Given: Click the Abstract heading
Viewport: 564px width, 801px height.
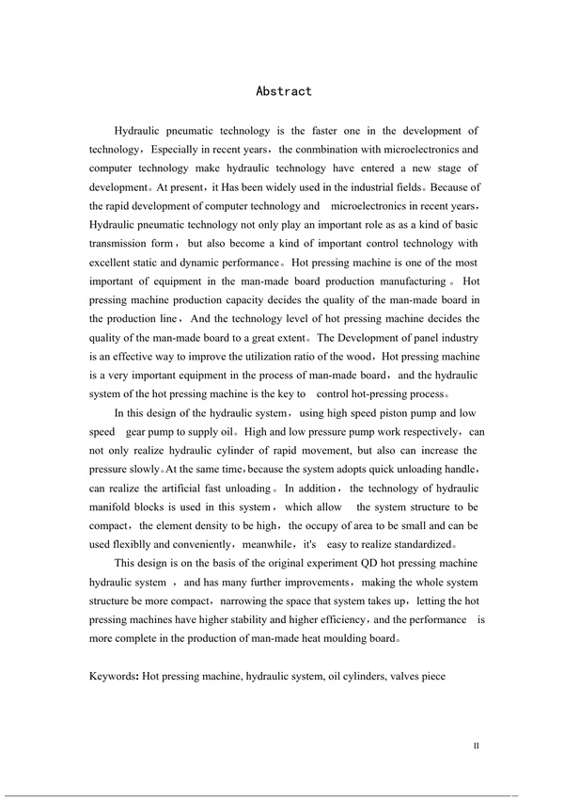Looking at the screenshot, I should coord(284,91).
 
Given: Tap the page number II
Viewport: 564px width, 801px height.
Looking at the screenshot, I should coord(477,745).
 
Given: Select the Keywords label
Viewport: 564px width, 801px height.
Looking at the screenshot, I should coord(114,676).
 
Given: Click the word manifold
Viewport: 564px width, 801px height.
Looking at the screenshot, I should coord(113,507).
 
